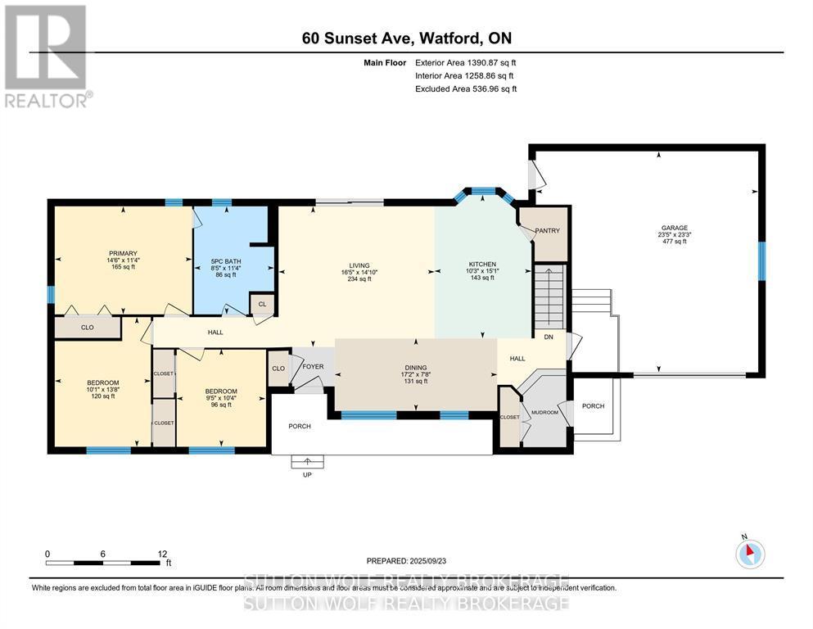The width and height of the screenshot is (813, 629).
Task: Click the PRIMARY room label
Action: (124, 253)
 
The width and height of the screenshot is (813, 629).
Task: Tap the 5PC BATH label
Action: (224, 260)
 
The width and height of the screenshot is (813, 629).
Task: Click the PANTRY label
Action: (547, 232)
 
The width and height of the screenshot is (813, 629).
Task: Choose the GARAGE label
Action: (675, 229)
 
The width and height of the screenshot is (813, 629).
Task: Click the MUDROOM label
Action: (545, 413)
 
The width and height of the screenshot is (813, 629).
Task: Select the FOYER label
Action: (314, 366)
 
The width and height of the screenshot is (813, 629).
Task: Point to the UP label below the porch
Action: (309, 475)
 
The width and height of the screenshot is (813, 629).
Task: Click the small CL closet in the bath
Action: (261, 304)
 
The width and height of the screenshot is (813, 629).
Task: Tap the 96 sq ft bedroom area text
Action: (221, 405)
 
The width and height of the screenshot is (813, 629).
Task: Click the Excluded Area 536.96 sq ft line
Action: (466, 88)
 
